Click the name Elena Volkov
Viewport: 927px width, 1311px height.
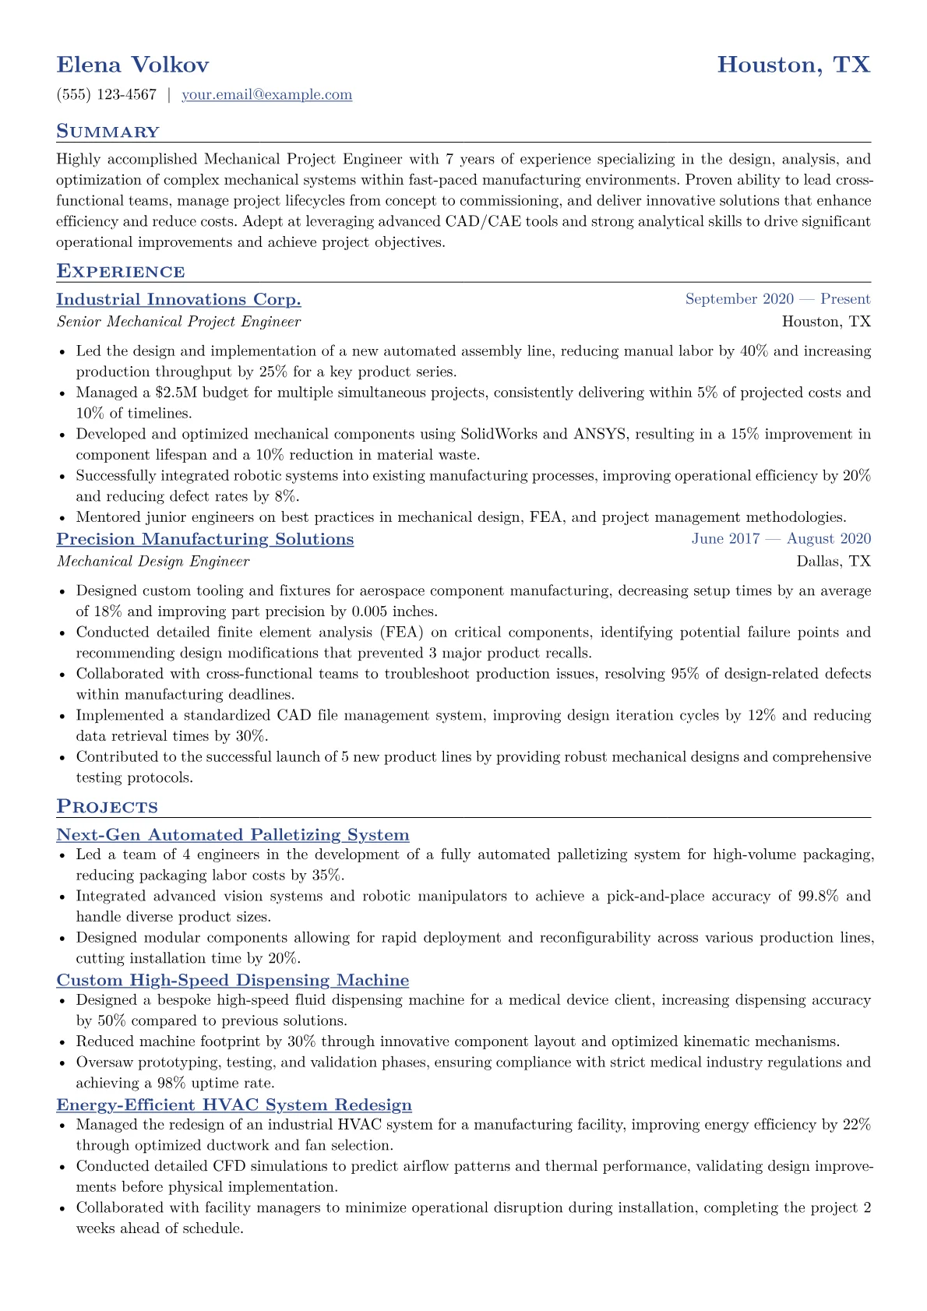click(x=132, y=65)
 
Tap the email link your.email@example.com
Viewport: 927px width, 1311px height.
click(x=266, y=95)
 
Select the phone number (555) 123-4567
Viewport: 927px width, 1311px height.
click(x=107, y=95)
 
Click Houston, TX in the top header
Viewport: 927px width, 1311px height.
click(x=793, y=65)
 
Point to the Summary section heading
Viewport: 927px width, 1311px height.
click(x=108, y=132)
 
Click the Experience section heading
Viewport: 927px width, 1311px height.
click(x=120, y=272)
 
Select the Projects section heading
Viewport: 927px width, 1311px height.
click(x=107, y=807)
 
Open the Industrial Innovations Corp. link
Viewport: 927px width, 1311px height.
click(x=178, y=300)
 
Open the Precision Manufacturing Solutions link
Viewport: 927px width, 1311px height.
click(x=205, y=540)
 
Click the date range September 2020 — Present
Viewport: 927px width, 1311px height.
click(x=777, y=299)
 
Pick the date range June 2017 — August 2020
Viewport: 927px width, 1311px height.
click(x=781, y=539)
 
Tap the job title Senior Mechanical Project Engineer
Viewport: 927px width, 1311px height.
click(x=178, y=322)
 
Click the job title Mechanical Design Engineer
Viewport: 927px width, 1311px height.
click(x=153, y=562)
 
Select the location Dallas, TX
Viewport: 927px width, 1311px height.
click(x=833, y=562)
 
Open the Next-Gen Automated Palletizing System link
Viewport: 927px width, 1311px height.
click(x=232, y=835)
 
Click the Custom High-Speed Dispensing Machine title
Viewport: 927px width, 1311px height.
click(x=232, y=981)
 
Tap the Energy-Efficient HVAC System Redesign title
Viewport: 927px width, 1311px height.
click(x=234, y=1105)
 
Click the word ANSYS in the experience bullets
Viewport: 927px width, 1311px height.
click(x=600, y=435)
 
